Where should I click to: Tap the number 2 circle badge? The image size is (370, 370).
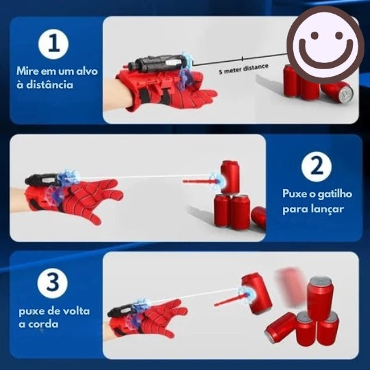click(x=316, y=166)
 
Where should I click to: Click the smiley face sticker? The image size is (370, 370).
click(x=325, y=45)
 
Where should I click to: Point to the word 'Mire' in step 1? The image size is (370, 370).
click(x=28, y=71)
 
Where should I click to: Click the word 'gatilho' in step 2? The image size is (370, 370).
click(x=333, y=194)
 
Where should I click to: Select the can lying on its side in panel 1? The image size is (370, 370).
click(x=336, y=90)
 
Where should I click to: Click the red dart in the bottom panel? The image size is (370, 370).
click(x=230, y=299)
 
